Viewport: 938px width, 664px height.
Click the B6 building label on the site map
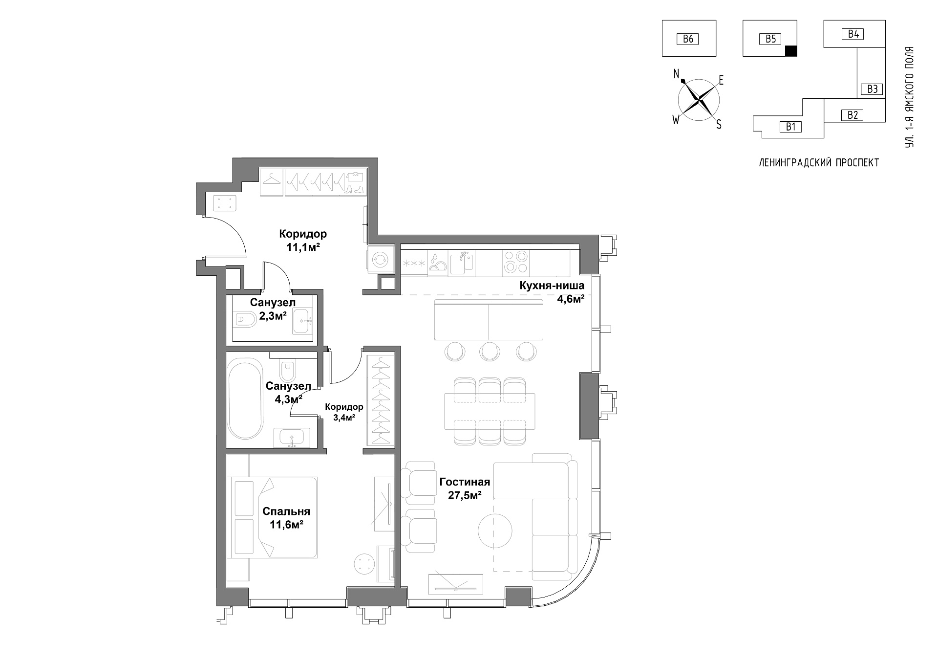point(688,39)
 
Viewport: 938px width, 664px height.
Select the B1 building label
point(790,127)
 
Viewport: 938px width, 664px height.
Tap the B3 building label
point(873,89)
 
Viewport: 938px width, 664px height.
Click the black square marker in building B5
point(790,50)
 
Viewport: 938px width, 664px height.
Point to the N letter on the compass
point(677,74)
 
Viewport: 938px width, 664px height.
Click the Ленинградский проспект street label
point(819,163)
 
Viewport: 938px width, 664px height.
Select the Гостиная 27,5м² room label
point(465,488)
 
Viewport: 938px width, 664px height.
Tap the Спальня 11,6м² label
point(286,518)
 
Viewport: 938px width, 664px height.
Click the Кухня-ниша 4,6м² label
point(552,292)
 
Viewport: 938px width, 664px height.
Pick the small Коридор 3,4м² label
point(344,412)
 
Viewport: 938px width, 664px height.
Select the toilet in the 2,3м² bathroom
point(246,320)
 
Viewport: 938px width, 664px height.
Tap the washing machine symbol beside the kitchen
point(380,260)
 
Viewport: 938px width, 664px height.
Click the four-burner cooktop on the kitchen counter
point(516,262)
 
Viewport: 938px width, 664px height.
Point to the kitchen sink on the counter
point(460,263)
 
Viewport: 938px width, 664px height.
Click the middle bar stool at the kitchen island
point(489,351)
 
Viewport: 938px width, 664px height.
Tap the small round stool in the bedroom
point(364,564)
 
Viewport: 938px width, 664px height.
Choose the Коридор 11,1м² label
point(303,240)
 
